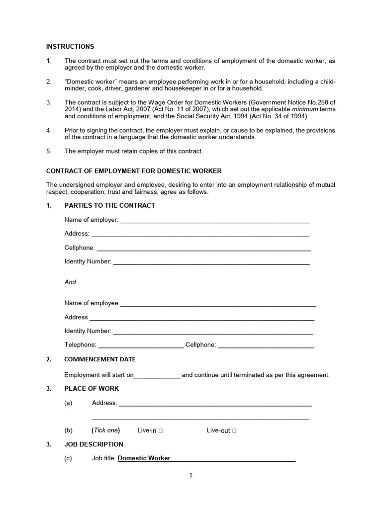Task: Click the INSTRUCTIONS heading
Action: pyautogui.click(x=70, y=46)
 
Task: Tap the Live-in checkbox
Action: pyautogui.click(x=161, y=431)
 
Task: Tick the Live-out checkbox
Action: pyautogui.click(x=234, y=431)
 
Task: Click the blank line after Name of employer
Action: pyautogui.click(x=214, y=220)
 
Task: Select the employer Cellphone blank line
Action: pyautogui.click(x=203, y=248)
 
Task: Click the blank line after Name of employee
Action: pyautogui.click(x=218, y=304)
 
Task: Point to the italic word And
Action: pyautogui.click(x=70, y=282)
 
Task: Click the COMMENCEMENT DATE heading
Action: pyautogui.click(x=99, y=359)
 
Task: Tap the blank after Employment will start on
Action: pyautogui.click(x=157, y=376)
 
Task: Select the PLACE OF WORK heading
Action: pyautogui.click(x=92, y=388)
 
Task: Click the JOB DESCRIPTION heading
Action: pyautogui.click(x=94, y=444)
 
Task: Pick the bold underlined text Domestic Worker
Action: pyautogui.click(x=144, y=458)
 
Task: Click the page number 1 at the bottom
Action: pyautogui.click(x=191, y=475)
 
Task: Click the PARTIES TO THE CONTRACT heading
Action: pyautogui.click(x=109, y=205)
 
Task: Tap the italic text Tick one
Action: pyautogui.click(x=105, y=430)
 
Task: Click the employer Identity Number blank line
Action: pyautogui.click(x=211, y=262)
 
